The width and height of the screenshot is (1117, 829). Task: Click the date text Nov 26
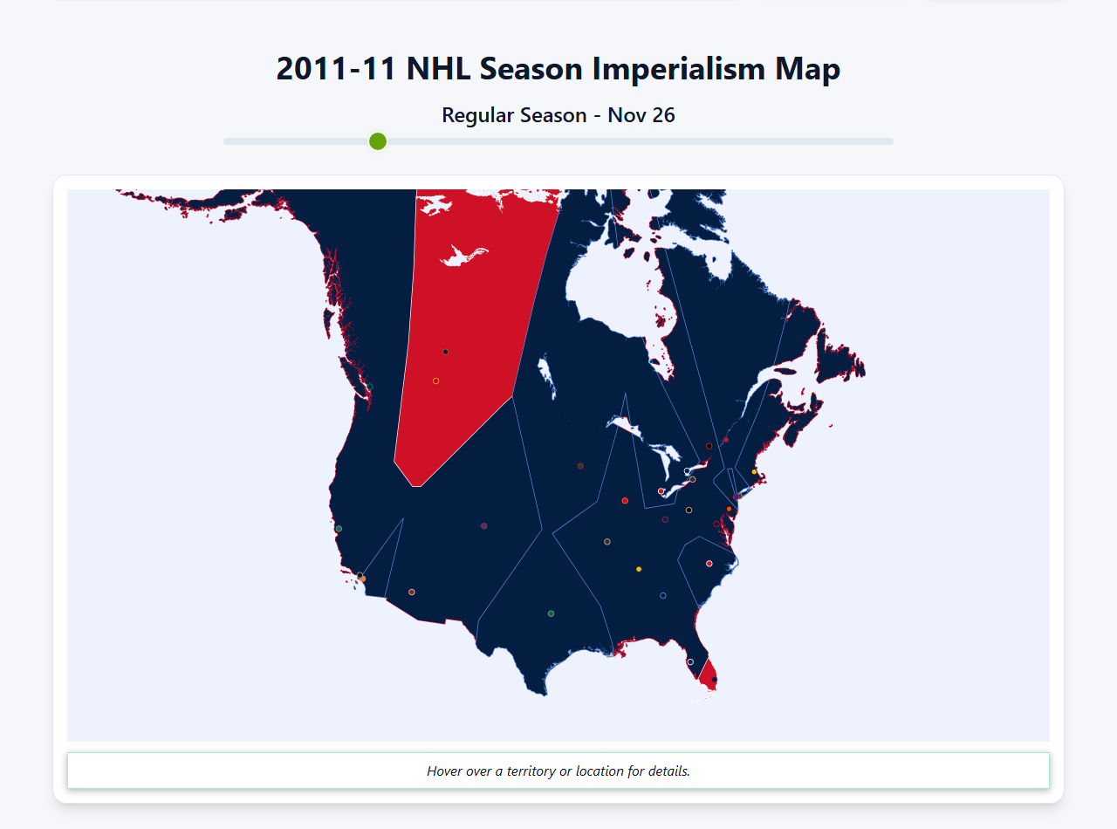[x=641, y=115]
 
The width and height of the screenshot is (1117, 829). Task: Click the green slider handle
[x=378, y=141]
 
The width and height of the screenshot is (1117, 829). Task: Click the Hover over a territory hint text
[x=558, y=771]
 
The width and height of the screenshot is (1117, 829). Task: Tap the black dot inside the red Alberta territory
[x=445, y=352]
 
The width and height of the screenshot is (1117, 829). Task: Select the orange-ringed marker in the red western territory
[x=435, y=380]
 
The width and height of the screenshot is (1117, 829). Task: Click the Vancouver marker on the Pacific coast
[x=369, y=387]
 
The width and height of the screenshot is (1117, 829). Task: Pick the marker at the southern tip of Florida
[x=715, y=680]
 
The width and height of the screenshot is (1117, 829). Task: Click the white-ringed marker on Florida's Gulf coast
[x=690, y=661]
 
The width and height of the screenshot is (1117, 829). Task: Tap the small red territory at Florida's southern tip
[x=709, y=670]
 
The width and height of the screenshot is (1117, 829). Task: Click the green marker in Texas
[x=551, y=613]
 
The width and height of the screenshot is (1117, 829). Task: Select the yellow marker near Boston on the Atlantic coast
[x=754, y=472]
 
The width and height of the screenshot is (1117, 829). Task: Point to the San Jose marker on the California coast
[x=339, y=529]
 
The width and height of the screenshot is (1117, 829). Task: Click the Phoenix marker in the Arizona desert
[x=412, y=593]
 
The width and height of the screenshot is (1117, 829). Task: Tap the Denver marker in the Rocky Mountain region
[x=483, y=526]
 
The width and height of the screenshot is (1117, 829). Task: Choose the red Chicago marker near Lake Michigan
[x=625, y=501]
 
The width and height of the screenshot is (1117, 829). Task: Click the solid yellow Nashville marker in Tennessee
[x=639, y=569]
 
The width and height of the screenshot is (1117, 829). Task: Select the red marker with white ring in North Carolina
[x=709, y=564]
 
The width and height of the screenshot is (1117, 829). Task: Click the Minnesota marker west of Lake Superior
[x=580, y=466]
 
